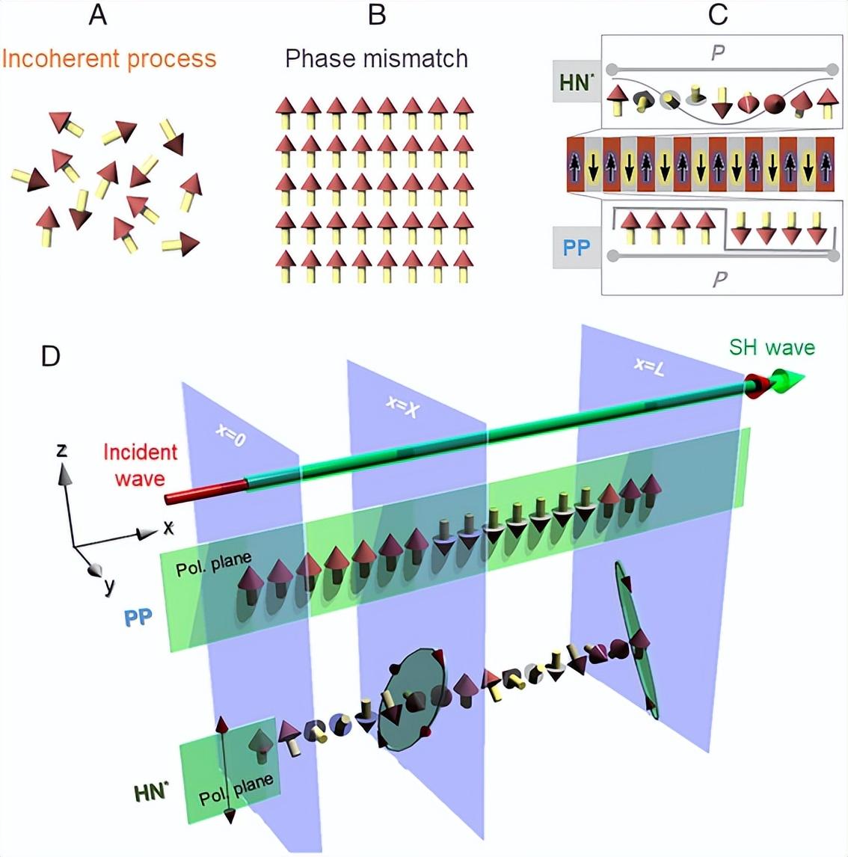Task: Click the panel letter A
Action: pyautogui.click(x=98, y=15)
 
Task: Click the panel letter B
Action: pyautogui.click(x=377, y=15)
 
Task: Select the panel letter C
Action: pyautogui.click(x=718, y=15)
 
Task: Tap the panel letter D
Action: pyautogui.click(x=51, y=356)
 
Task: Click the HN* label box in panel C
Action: pyautogui.click(x=577, y=82)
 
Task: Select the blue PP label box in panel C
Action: pyautogui.click(x=577, y=248)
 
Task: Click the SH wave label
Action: pyautogui.click(x=772, y=347)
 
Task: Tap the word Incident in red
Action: pyautogui.click(x=141, y=452)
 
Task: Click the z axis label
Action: pyautogui.click(x=62, y=449)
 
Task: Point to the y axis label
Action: pyautogui.click(x=110, y=586)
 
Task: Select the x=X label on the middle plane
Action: pyautogui.click(x=402, y=405)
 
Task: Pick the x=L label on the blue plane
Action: pyautogui.click(x=649, y=366)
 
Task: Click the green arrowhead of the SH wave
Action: pyautogui.click(x=788, y=379)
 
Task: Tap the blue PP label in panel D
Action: pyautogui.click(x=138, y=617)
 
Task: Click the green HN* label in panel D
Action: pyautogui.click(x=151, y=792)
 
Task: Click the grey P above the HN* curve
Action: pyautogui.click(x=717, y=52)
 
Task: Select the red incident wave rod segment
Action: pyautogui.click(x=206, y=491)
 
